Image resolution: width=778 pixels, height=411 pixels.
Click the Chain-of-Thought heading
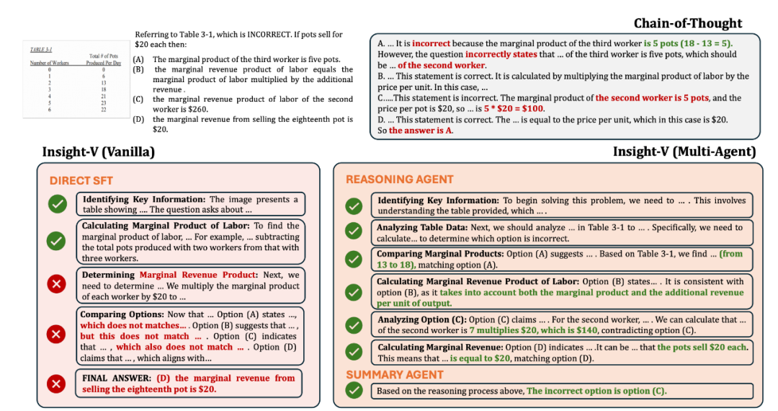pos(687,23)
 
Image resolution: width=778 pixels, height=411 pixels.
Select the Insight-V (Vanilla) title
pos(98,152)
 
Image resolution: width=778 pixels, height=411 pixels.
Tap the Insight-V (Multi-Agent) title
pos(684,151)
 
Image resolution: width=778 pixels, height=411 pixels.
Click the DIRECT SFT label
pos(81,180)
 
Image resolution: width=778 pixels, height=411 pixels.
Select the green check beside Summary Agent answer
pos(353,390)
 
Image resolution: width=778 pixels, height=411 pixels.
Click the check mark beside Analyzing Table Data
pos(353,231)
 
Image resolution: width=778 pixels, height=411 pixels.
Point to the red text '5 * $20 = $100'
pos(514,108)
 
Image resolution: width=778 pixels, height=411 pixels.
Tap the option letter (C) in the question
pos(138,100)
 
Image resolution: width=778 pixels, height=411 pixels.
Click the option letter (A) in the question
pos(138,59)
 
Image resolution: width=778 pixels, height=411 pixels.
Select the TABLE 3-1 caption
pos(40,49)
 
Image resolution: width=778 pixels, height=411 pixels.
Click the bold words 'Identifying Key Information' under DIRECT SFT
pos(143,200)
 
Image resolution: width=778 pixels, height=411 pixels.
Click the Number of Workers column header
pos(50,63)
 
